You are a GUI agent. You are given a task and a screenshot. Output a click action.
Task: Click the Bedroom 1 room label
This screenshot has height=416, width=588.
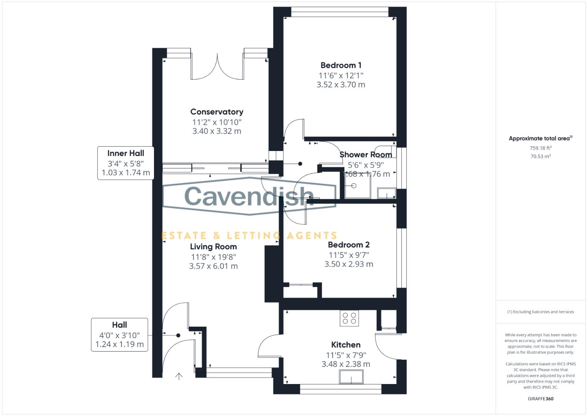coord(341,65)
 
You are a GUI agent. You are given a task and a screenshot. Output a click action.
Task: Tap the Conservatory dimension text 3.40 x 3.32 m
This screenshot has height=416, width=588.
coord(216,131)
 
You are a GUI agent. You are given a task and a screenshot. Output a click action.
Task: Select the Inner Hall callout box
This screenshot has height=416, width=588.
coord(126,163)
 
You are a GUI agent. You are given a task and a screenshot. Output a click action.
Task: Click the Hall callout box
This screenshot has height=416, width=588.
coord(119,335)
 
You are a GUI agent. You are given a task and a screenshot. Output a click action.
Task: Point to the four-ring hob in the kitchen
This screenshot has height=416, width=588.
coord(349,318)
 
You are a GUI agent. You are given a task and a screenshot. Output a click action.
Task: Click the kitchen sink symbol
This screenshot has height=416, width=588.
coord(352,377)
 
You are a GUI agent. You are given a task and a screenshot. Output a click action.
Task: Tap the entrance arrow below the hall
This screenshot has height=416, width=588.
coord(179,376)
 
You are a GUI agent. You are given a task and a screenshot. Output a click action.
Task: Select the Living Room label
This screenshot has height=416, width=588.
coord(213,247)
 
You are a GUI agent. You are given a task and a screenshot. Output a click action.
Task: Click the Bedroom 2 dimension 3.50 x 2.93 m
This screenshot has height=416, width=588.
coord(348,264)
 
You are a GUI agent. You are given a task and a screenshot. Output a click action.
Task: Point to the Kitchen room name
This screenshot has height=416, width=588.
coord(346,345)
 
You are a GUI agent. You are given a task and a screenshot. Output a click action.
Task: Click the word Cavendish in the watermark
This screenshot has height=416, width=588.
coord(249,196)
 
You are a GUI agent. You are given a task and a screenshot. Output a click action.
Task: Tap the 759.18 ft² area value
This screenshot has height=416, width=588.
coord(541,148)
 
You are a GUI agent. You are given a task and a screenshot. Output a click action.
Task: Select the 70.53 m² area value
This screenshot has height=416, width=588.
coord(541,156)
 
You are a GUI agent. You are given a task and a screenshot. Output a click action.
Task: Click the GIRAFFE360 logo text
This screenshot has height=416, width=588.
coord(541,399)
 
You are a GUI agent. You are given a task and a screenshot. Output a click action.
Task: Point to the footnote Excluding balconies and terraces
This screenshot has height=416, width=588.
coord(541,312)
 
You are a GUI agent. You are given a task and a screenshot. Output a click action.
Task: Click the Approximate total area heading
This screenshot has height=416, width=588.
coord(541,138)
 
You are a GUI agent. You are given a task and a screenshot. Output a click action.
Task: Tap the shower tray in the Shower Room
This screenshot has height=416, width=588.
coord(357,186)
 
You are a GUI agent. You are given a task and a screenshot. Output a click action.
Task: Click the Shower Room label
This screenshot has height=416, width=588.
coord(366,155)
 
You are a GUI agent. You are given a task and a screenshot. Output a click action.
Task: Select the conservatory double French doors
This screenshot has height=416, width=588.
coord(217,66)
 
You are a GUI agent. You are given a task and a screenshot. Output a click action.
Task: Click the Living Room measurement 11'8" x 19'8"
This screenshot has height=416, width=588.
coord(213,257)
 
